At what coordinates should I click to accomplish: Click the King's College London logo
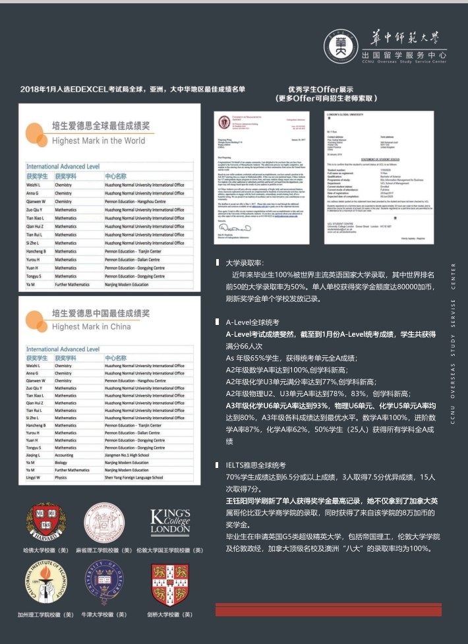click(170, 521)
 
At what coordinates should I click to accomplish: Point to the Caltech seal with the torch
click(45, 584)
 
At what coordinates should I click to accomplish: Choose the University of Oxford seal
click(104, 583)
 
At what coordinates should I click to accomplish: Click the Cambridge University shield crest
click(170, 584)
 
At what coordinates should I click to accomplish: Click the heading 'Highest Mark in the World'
click(98, 140)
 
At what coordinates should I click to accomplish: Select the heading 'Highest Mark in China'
click(91, 326)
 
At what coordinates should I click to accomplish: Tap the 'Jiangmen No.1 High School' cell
click(127, 455)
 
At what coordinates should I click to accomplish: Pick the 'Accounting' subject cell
click(64, 455)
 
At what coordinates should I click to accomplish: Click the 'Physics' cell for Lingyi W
click(61, 478)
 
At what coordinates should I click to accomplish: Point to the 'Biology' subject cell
click(62, 463)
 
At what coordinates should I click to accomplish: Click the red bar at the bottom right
click(330, 609)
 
